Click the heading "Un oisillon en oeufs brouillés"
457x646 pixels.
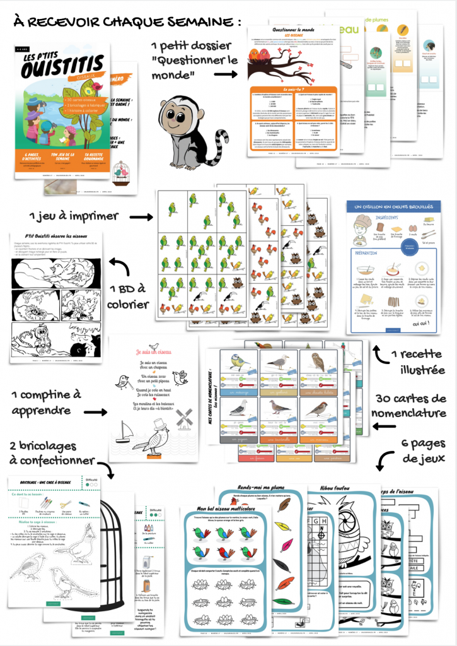[x=393, y=208]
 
